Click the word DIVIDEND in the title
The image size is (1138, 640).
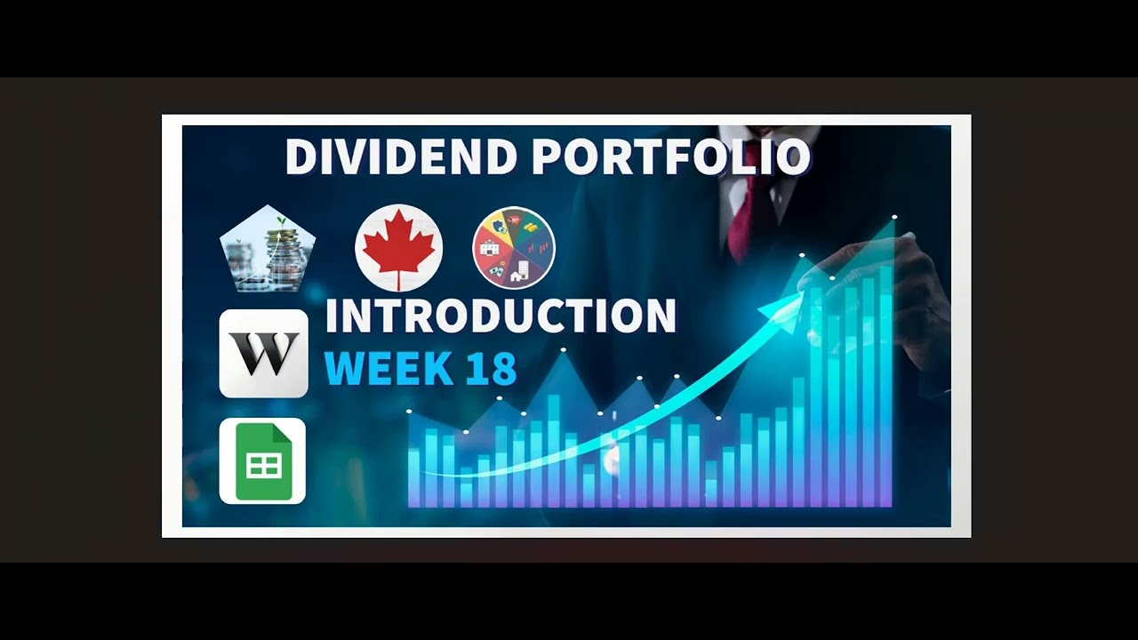[400, 157]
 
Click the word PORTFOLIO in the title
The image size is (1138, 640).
[671, 157]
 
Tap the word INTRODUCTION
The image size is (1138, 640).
[501, 316]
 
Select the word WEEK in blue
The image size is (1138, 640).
[378, 369]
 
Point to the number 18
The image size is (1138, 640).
[491, 369]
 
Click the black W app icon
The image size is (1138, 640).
[263, 353]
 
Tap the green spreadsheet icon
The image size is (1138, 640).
[262, 460]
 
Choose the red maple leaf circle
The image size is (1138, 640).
[398, 248]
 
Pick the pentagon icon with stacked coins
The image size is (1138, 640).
[268, 250]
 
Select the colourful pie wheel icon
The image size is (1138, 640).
[514, 248]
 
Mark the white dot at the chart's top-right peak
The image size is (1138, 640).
[894, 217]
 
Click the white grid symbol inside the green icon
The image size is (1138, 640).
[264, 466]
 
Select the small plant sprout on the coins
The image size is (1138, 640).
[282, 220]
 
